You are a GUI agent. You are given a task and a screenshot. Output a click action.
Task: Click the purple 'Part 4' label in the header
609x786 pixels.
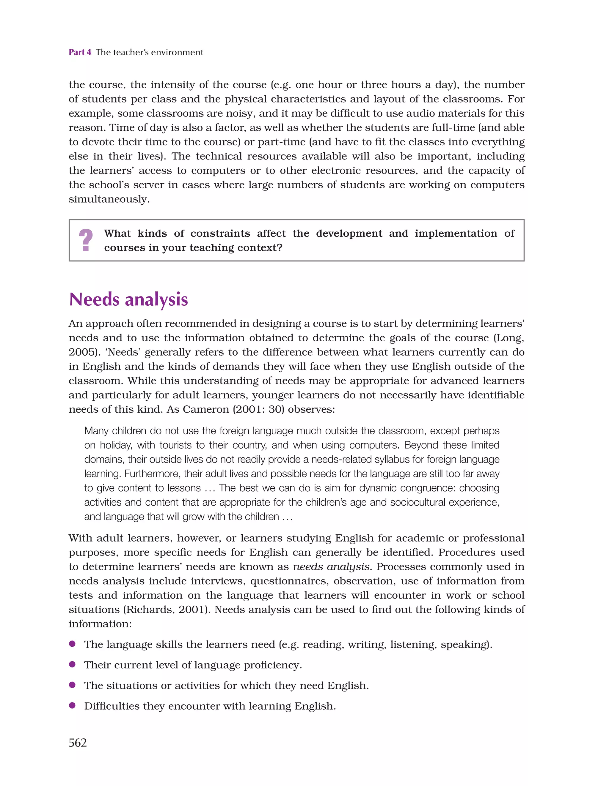pyautogui.click(x=80, y=53)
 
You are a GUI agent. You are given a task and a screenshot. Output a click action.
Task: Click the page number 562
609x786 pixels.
pyautogui.click(x=78, y=742)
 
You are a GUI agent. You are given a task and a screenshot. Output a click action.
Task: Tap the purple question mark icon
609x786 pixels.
pyautogui.click(x=86, y=240)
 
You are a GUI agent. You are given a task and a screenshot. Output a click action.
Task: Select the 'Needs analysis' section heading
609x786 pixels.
pyautogui.click(x=128, y=299)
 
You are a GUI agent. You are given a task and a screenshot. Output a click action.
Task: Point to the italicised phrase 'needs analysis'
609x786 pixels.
pyautogui.click(x=331, y=567)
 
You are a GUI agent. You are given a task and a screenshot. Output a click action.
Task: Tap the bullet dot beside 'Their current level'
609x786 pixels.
pyautogui.click(x=73, y=664)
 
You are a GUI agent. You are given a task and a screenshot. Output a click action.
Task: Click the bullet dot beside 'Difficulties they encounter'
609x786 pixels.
pyautogui.click(x=73, y=705)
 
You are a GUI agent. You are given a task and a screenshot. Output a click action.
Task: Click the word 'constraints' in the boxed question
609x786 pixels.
pyautogui.click(x=220, y=233)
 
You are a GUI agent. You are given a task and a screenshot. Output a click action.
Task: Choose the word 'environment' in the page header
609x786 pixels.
pyautogui.click(x=177, y=53)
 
